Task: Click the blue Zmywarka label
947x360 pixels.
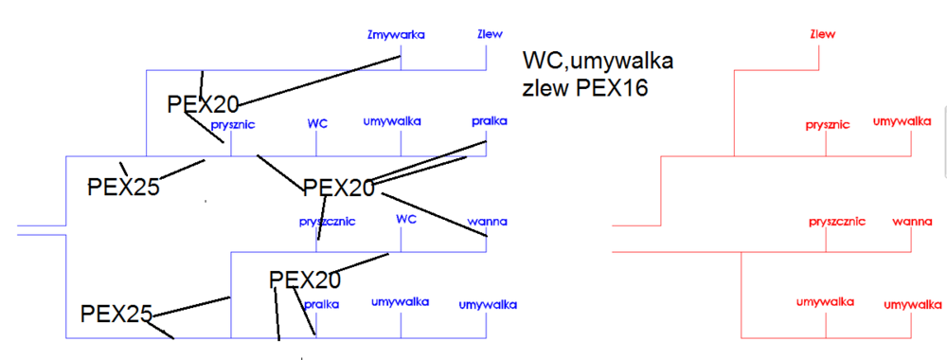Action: pyautogui.click(x=395, y=35)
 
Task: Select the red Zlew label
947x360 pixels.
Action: pyautogui.click(x=822, y=35)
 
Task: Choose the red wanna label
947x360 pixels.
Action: pyautogui.click(x=913, y=222)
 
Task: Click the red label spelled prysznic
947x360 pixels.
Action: pyautogui.click(x=828, y=124)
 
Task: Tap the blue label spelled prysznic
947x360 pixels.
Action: pyautogui.click(x=233, y=124)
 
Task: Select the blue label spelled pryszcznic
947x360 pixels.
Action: pyautogui.click(x=327, y=222)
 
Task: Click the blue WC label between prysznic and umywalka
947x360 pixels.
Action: pyautogui.click(x=317, y=123)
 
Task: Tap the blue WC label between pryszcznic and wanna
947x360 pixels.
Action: pyautogui.click(x=406, y=219)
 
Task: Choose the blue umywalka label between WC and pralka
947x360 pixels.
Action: pyautogui.click(x=392, y=121)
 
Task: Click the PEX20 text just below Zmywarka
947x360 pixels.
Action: pyautogui.click(x=203, y=103)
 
